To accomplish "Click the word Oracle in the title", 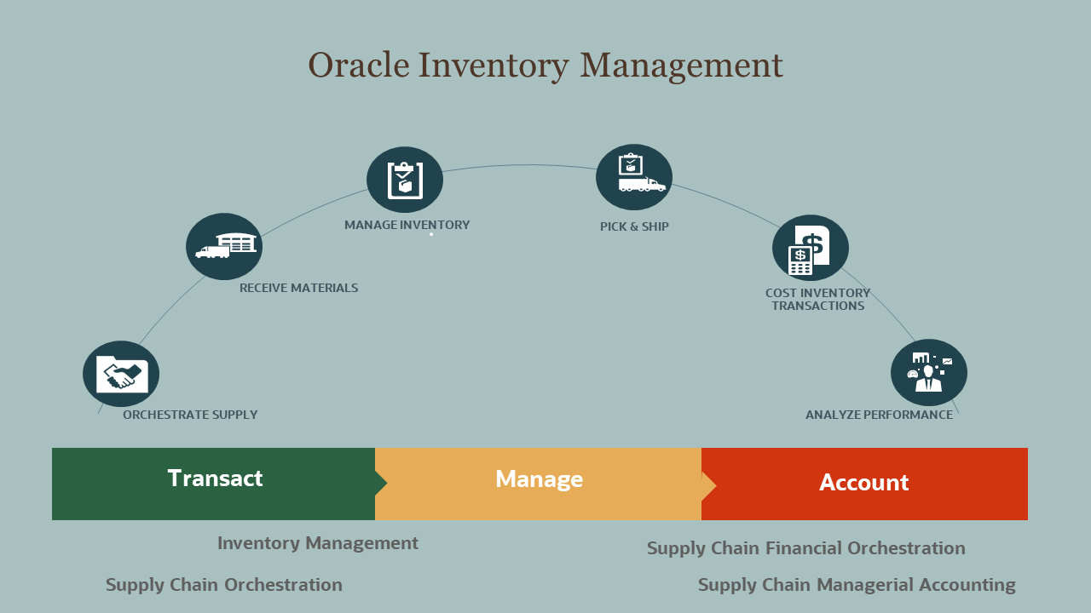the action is (x=359, y=66).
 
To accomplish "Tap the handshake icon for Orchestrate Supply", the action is (x=121, y=374).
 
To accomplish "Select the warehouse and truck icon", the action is (x=224, y=246).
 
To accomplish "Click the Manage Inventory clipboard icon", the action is (x=405, y=180).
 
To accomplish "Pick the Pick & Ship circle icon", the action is (x=634, y=177).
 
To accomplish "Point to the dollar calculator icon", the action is (x=811, y=248).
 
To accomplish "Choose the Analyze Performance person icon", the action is (x=929, y=373).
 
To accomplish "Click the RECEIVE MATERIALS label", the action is (x=298, y=288).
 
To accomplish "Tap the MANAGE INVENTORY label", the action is (x=407, y=225).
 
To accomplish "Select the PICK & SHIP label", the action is (x=634, y=226).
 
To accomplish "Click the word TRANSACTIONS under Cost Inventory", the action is (x=818, y=306).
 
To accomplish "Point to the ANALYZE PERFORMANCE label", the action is (x=879, y=415).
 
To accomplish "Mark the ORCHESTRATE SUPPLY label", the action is (x=190, y=415).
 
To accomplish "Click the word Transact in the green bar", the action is (x=216, y=478).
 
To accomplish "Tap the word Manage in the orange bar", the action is (x=540, y=479).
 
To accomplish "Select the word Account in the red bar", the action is (x=864, y=483).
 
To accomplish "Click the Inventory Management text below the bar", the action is (x=318, y=544).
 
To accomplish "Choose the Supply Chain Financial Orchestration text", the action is (x=806, y=548).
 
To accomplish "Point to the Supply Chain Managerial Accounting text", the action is (x=857, y=585).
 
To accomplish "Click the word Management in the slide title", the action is (x=681, y=66).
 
